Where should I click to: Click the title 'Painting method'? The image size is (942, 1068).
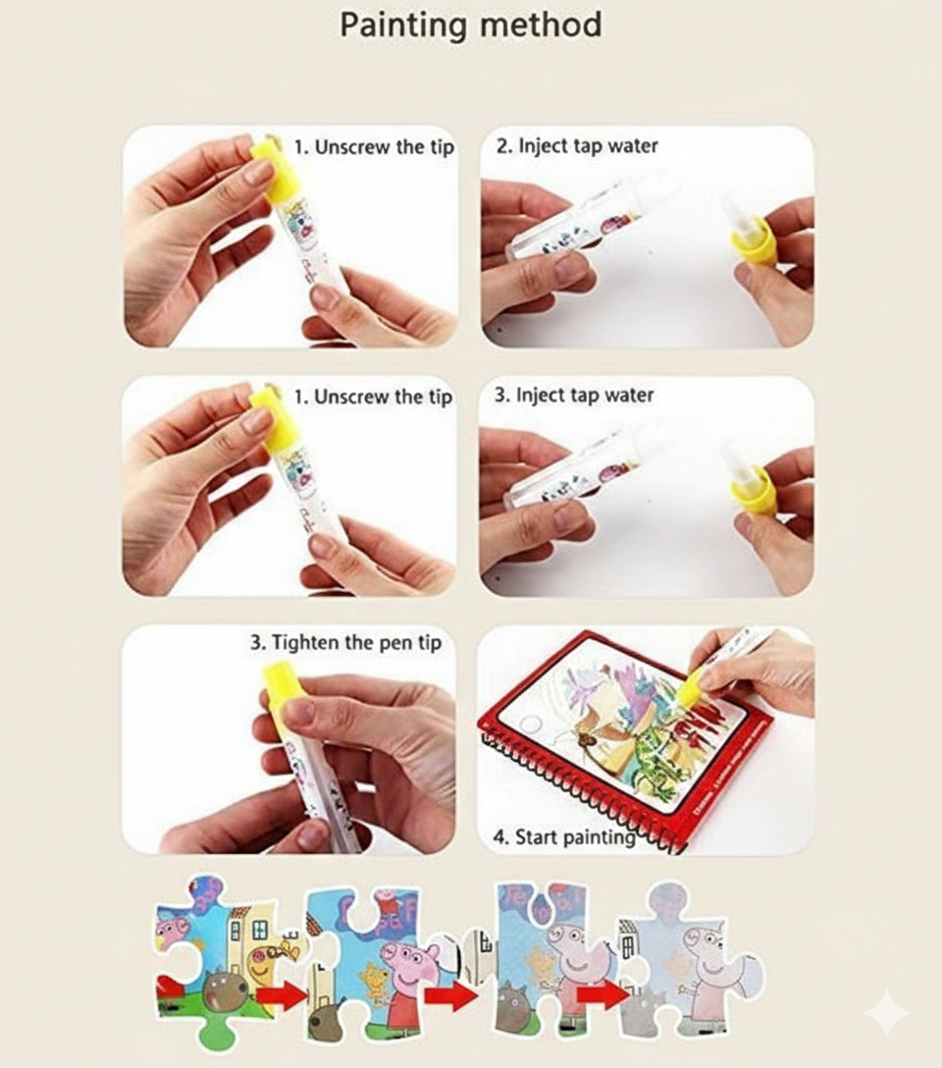(x=470, y=25)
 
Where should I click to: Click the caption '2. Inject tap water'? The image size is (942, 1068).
(x=576, y=146)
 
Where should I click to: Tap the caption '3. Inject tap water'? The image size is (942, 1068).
(x=573, y=396)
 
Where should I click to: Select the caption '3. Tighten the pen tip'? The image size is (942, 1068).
(x=345, y=643)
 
